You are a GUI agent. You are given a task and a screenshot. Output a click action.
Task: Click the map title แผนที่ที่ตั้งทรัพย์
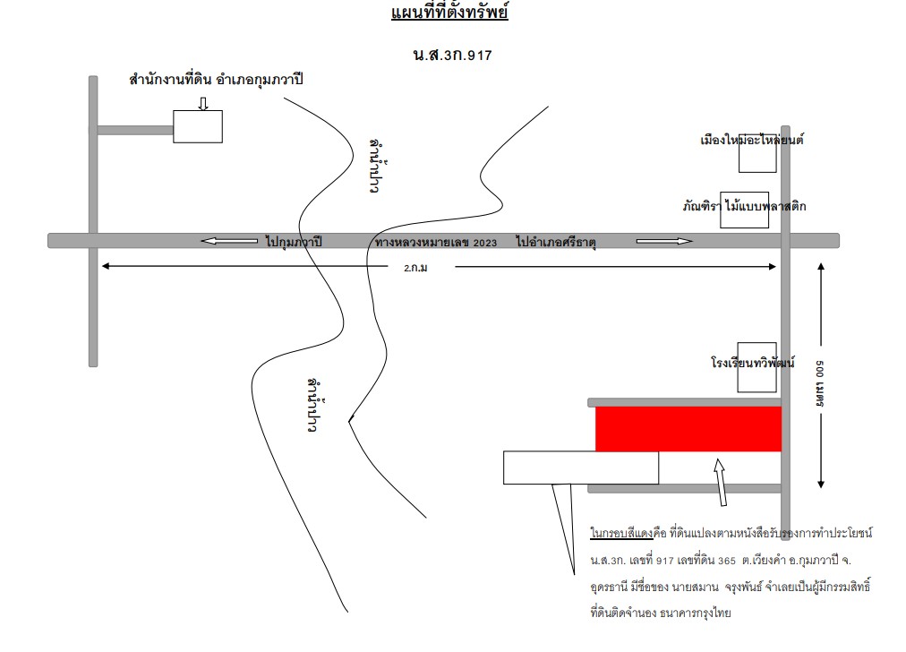[x=449, y=13]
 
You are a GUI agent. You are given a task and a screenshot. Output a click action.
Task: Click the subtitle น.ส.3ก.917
[x=452, y=56]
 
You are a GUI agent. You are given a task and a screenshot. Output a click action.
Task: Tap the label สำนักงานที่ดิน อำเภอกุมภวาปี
[x=216, y=79]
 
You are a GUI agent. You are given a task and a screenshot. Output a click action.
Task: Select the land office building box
[x=198, y=126]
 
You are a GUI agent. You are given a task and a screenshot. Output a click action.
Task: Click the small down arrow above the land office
[x=203, y=104]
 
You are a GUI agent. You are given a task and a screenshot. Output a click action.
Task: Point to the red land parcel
[x=688, y=429]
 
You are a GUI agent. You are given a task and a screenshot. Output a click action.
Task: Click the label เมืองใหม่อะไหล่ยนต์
[x=752, y=140]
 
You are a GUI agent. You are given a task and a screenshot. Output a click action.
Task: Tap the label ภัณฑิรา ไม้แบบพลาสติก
[x=744, y=206]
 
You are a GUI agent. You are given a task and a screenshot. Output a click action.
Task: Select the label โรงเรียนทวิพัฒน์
[x=752, y=363]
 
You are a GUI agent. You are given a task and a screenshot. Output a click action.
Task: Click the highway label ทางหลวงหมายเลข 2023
[x=436, y=243]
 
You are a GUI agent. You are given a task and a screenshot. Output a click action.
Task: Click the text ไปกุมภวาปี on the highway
[x=294, y=242]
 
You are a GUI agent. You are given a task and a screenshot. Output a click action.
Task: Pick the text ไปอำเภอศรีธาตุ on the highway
[x=556, y=242]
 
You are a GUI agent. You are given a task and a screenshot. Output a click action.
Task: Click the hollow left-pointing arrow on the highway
[x=229, y=241]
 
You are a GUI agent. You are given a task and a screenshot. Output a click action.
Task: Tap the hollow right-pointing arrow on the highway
[x=664, y=241]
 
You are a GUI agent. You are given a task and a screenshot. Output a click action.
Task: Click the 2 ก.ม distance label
[x=415, y=268]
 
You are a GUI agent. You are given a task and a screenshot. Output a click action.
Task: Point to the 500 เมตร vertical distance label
[x=820, y=383]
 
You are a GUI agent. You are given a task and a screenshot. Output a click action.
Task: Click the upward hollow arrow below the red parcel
[x=721, y=482]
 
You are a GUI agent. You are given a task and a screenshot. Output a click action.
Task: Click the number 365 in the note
[x=727, y=561]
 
